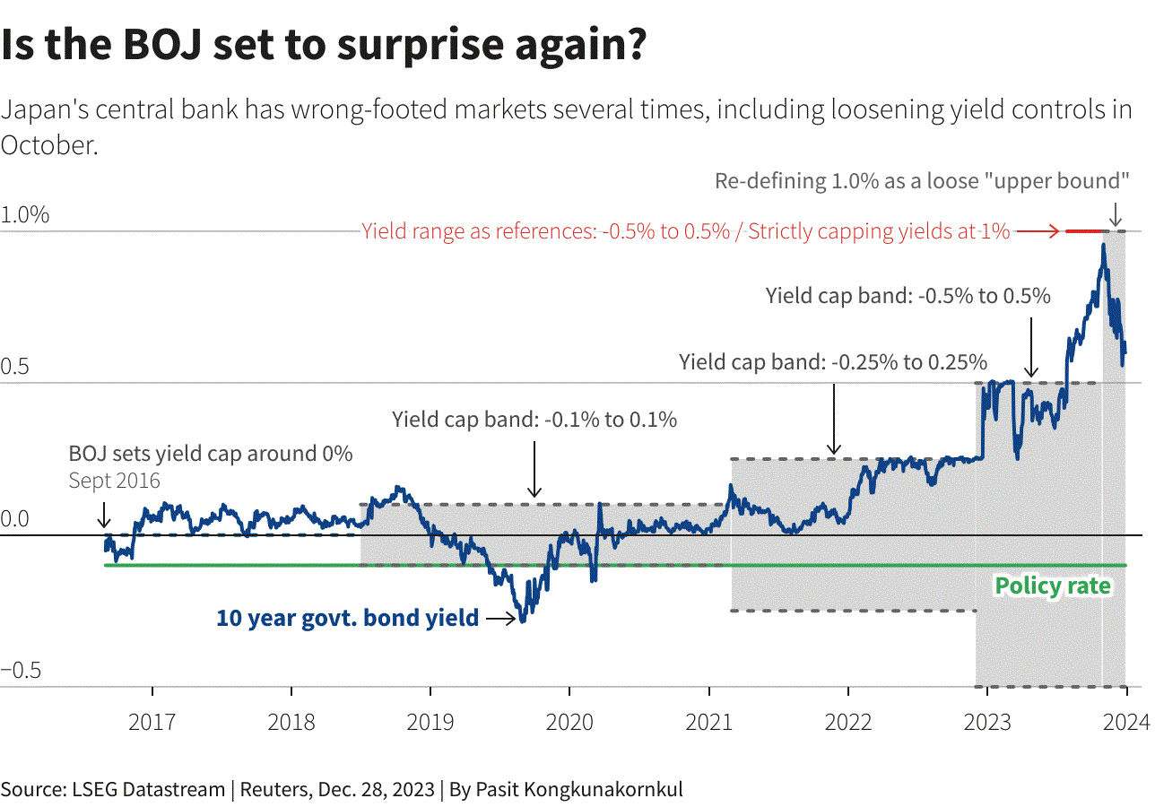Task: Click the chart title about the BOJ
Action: coord(324,47)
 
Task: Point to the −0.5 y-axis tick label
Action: coord(25,672)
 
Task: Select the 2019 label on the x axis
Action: coord(430,722)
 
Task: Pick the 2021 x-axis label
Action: coord(708,722)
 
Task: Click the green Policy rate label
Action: coord(1053,586)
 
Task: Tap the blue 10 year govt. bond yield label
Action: coord(347,618)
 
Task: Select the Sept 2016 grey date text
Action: coord(114,481)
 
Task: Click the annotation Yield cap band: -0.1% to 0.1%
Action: coord(534,419)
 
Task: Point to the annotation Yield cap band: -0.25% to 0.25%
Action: coord(833,362)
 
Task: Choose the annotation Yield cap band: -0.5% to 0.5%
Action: coord(907,296)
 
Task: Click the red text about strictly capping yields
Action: coord(685,231)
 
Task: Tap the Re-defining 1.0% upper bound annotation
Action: coord(922,180)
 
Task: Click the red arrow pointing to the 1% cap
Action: coord(1038,231)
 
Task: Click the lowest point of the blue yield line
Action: coord(522,620)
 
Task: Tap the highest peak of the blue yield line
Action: coord(1103,245)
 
